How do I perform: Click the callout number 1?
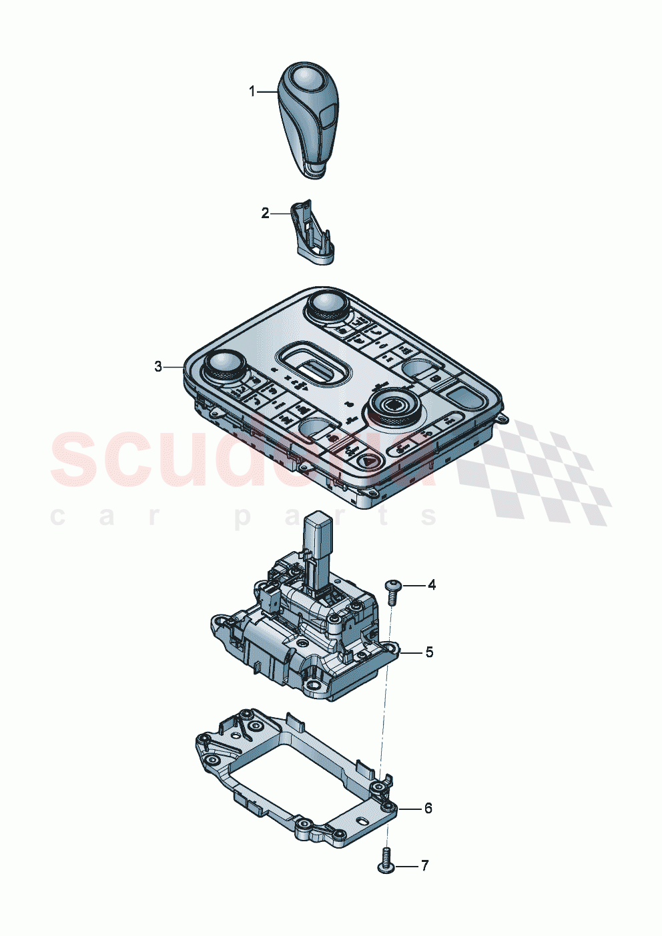click(x=252, y=91)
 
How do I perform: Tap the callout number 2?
click(x=265, y=213)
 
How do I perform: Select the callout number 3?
click(x=158, y=366)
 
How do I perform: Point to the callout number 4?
click(x=432, y=585)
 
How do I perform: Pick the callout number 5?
click(x=429, y=652)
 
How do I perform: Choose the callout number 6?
click(x=428, y=808)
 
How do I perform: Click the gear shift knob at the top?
click(x=307, y=120)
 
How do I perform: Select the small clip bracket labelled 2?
click(x=312, y=233)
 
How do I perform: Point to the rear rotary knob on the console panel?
click(x=326, y=306)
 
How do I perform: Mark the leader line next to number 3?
click(x=175, y=366)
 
